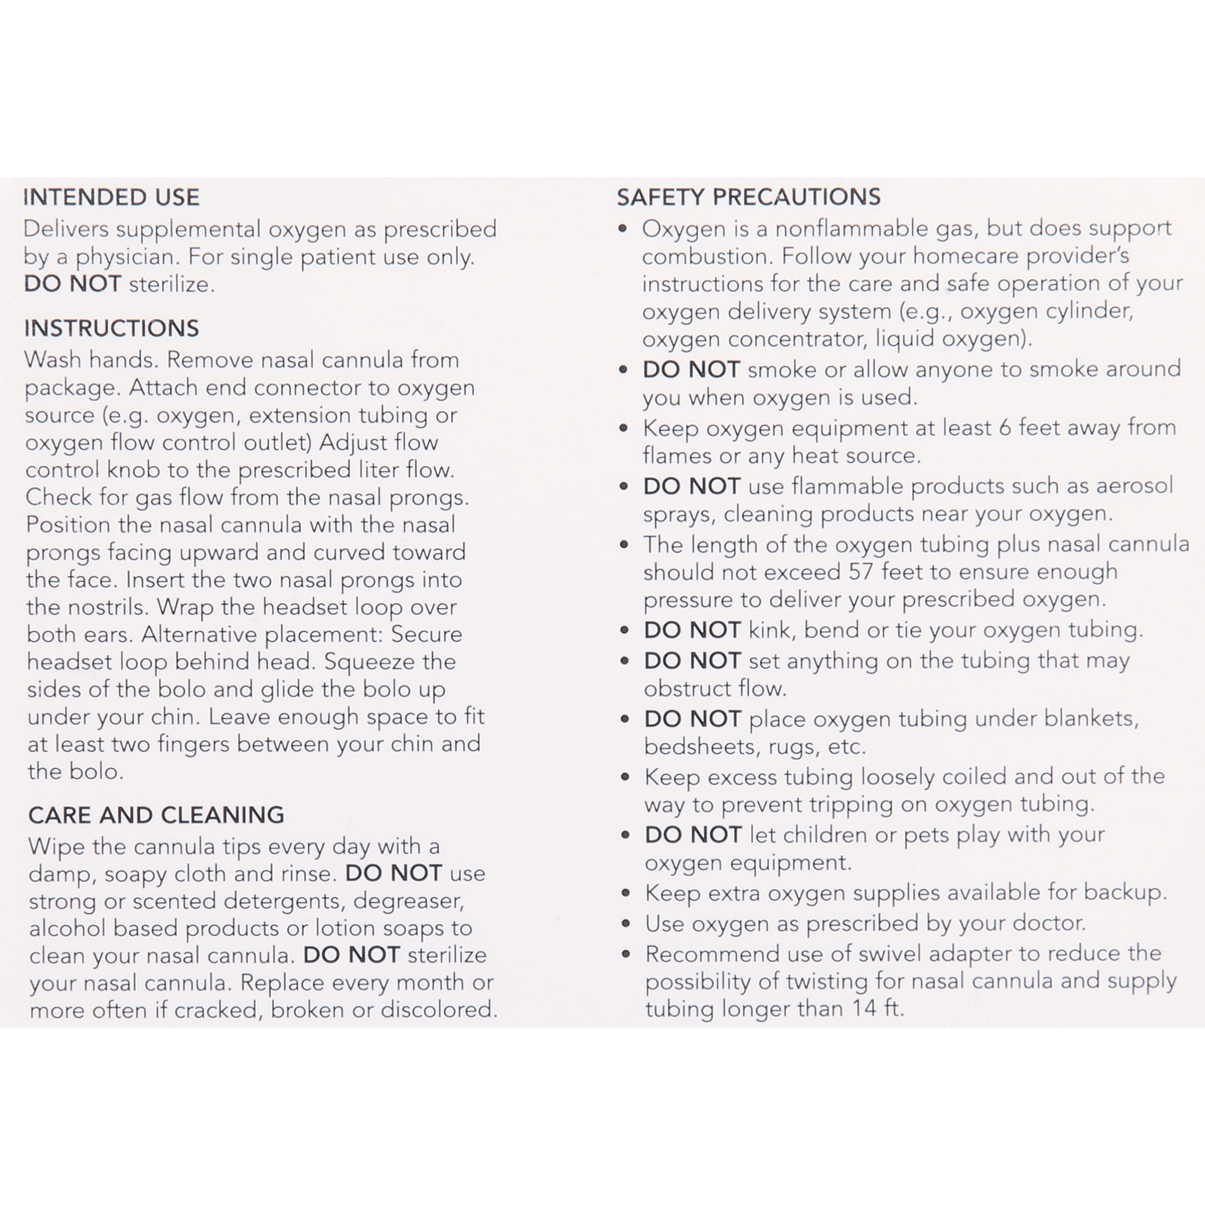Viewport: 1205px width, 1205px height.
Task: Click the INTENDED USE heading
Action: (x=112, y=197)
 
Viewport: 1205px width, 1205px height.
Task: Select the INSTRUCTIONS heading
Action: (x=112, y=328)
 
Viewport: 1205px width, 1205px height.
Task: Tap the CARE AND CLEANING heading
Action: (x=156, y=814)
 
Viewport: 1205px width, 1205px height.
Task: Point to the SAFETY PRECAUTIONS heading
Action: (x=748, y=197)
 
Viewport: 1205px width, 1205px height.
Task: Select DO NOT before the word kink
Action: (x=692, y=630)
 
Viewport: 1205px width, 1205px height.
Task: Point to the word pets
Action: (x=926, y=835)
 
